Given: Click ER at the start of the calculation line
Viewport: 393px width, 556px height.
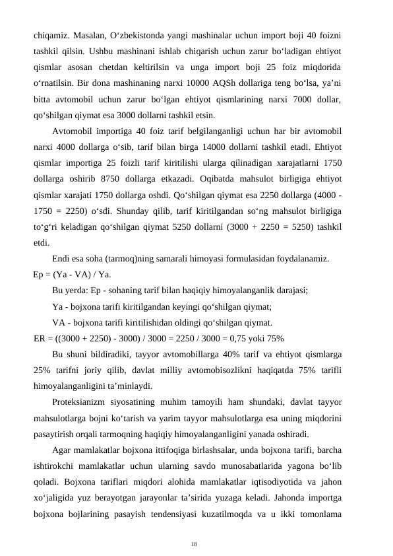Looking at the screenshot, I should point(40,339).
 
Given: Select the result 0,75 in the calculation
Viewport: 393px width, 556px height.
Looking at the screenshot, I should point(243,339).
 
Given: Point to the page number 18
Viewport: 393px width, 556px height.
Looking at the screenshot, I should point(194,543).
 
